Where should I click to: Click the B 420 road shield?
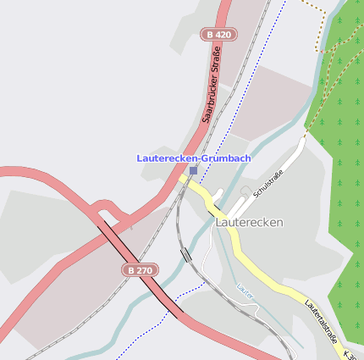[x=218, y=35]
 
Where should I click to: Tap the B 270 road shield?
[x=140, y=269]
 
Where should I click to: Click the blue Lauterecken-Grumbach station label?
[x=194, y=158]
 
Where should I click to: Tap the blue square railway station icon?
[x=194, y=170]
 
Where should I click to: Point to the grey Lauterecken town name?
[x=249, y=222]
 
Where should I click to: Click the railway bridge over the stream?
[x=186, y=254]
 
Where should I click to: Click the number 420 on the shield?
[x=223, y=35]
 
